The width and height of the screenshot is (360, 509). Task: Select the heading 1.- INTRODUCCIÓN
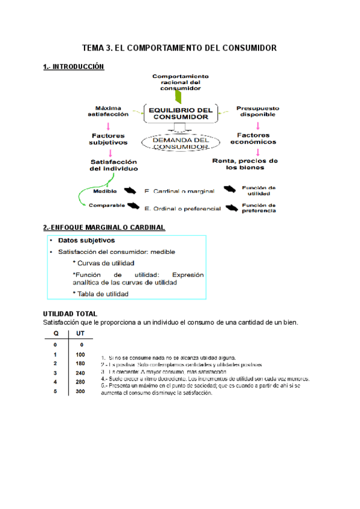[74, 67]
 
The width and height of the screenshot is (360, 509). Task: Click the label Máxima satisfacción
[108, 111]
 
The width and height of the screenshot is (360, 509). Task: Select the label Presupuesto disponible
[257, 111]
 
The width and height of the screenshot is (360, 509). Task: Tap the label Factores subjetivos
[109, 139]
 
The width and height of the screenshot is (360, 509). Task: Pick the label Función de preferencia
[259, 208]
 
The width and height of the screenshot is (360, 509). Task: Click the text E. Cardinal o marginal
[179, 191]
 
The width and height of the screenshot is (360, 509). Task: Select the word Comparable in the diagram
[107, 205]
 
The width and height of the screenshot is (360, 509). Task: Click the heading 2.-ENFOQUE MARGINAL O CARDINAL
[104, 227]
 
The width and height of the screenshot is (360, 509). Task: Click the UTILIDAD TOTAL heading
[70, 314]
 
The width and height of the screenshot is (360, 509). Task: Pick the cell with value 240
[80, 372]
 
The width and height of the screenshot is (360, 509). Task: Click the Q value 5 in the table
[55, 391]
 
